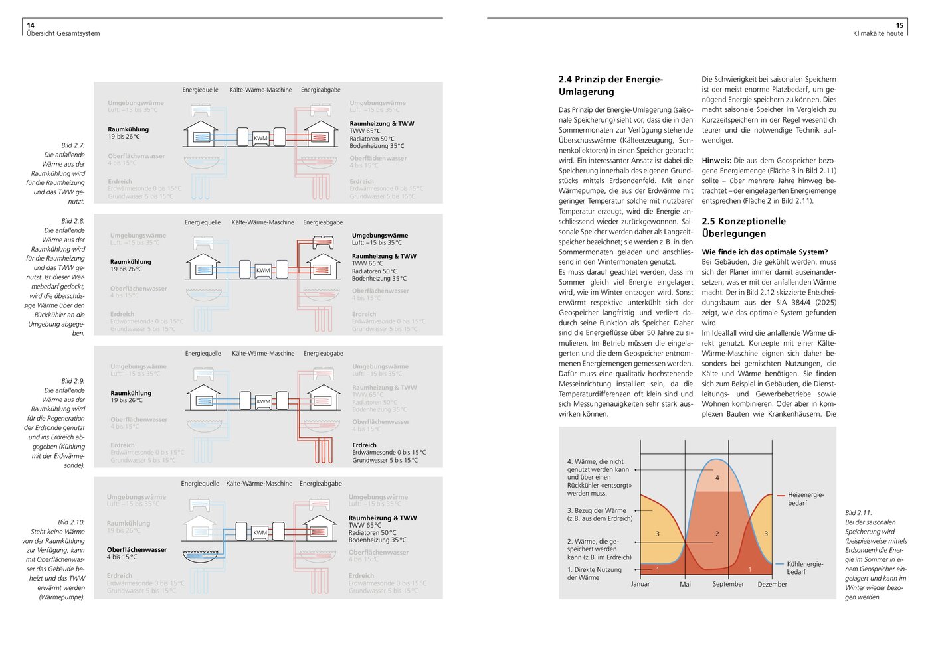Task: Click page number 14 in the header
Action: click(31, 25)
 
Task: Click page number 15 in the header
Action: click(899, 25)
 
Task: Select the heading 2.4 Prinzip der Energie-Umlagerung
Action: click(610, 86)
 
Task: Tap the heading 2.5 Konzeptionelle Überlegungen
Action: click(743, 228)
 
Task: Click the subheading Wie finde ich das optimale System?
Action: click(765, 252)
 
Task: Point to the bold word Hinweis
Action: click(716, 161)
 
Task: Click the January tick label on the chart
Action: click(640, 584)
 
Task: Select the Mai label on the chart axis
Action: click(685, 585)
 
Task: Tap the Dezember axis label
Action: click(772, 585)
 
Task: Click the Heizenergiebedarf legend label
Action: click(805, 499)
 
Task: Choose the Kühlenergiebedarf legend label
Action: click(804, 568)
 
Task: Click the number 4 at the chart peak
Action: click(717, 478)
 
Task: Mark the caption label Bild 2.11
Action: click(858, 513)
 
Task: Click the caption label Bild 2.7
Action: click(73, 145)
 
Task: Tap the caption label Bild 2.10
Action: click(71, 522)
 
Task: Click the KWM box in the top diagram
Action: click(260, 138)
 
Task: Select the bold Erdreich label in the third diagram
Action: click(364, 445)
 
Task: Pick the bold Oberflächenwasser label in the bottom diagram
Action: click(137, 550)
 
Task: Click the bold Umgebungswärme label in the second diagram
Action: click(380, 236)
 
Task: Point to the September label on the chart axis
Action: click(728, 584)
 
